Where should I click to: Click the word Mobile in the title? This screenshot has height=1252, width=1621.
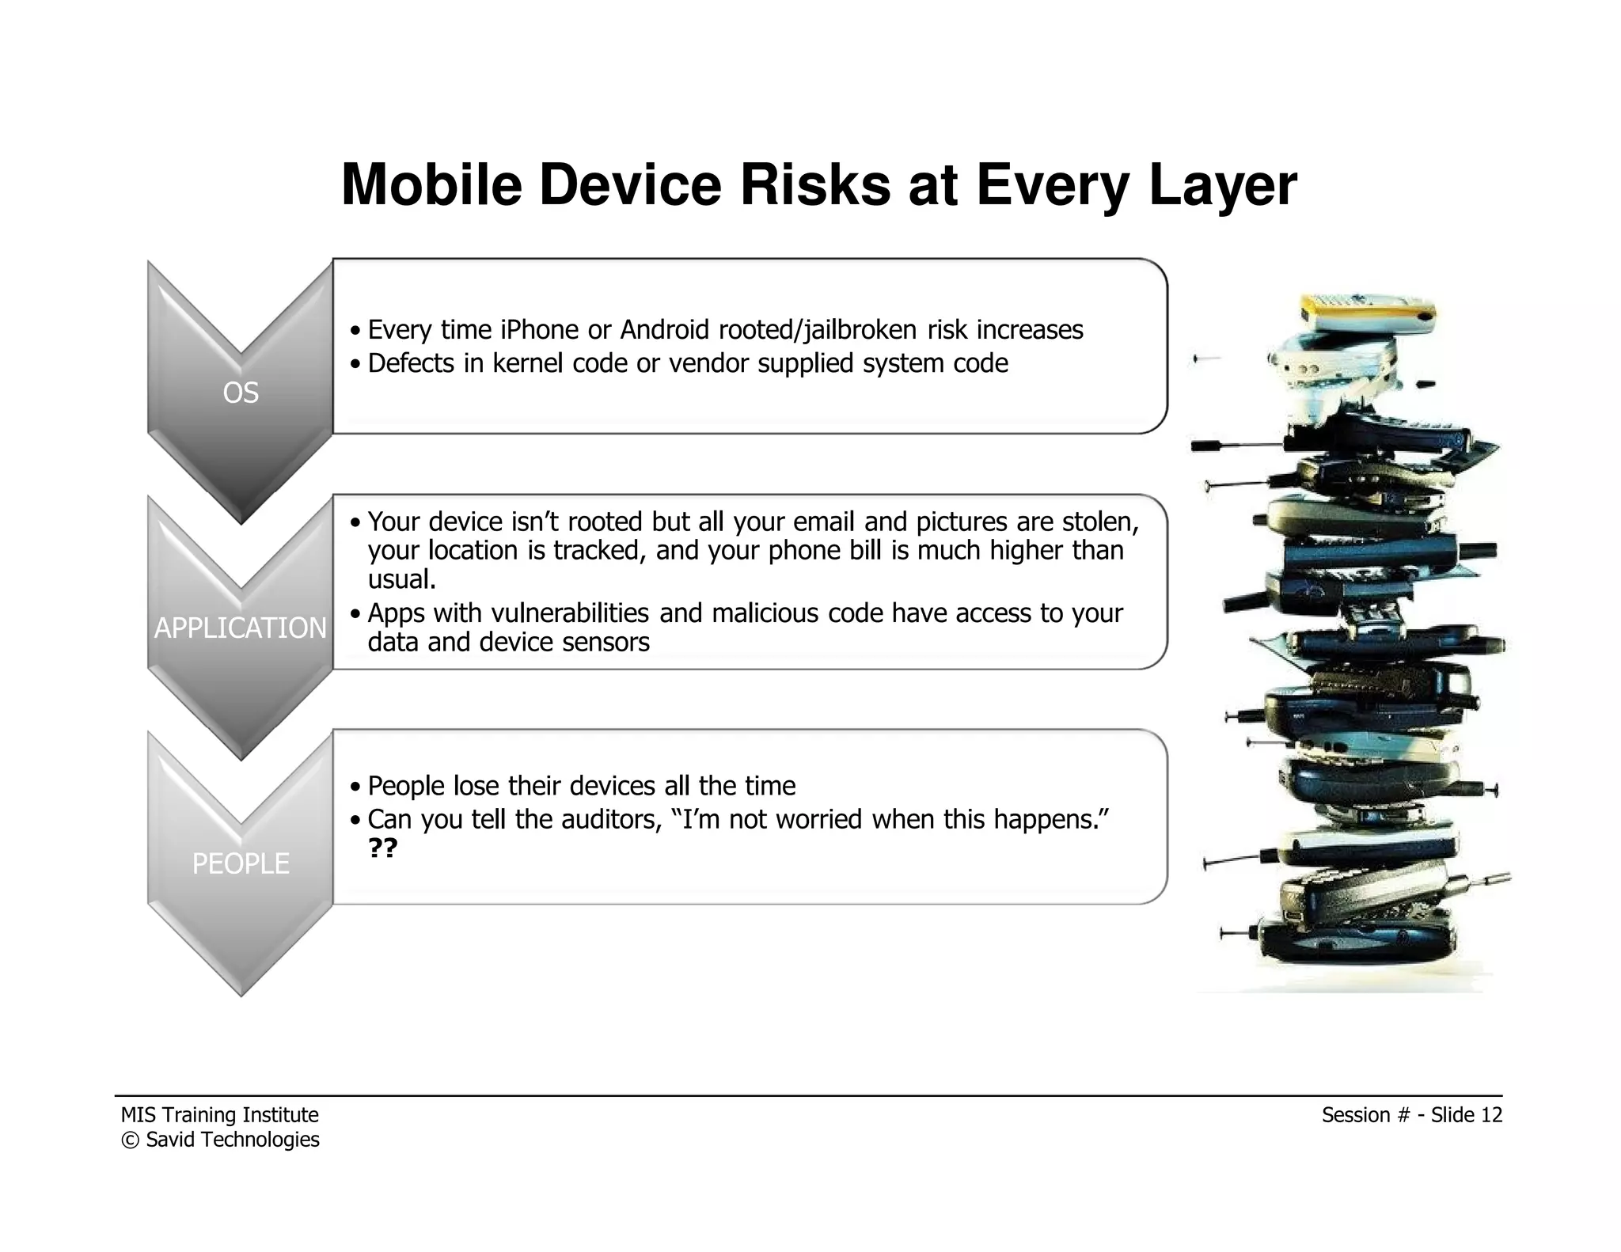[431, 185]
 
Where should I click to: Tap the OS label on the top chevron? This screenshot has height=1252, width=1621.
[241, 393]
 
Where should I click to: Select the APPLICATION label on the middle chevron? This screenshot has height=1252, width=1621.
[241, 628]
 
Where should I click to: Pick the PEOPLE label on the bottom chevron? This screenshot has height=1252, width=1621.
[241, 863]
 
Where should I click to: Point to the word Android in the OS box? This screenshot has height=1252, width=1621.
[665, 329]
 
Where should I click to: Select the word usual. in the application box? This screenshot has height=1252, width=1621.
[402, 579]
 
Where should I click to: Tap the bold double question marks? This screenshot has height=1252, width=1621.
[383, 848]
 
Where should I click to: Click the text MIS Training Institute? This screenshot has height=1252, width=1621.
[220, 1115]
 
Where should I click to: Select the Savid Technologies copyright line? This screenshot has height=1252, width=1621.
[220, 1140]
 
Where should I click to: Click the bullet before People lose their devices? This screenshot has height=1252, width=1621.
[356, 787]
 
